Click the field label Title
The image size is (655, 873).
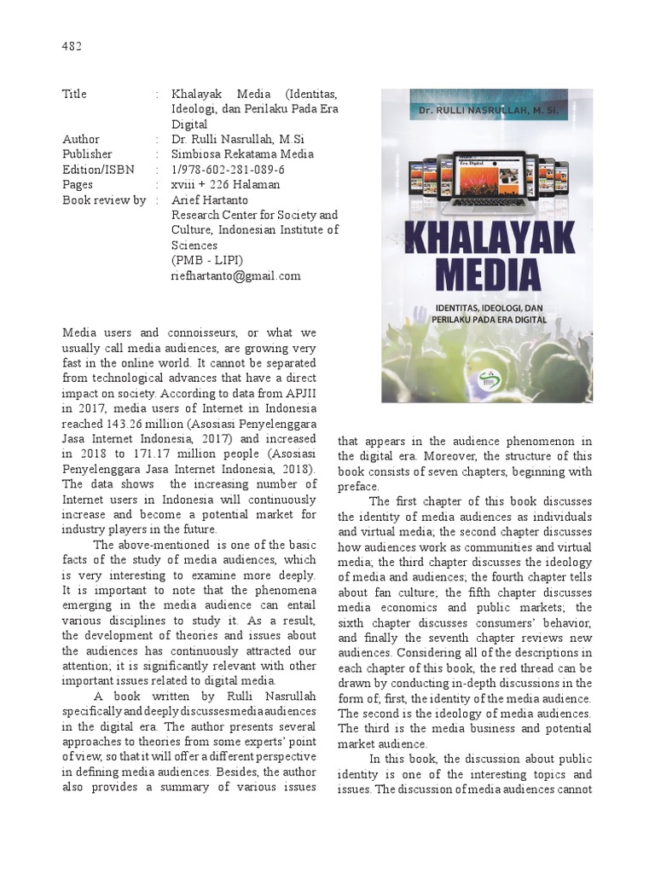point(75,94)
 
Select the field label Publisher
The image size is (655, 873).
point(87,154)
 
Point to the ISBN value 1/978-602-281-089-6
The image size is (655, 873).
point(229,170)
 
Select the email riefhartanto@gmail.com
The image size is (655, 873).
point(236,275)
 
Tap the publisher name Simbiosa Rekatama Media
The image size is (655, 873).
point(242,154)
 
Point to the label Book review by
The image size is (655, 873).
point(104,200)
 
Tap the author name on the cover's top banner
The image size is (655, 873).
point(484,111)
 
